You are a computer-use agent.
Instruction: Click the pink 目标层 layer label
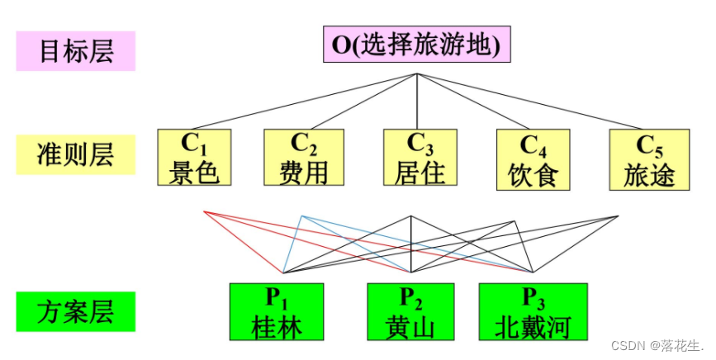[x=75, y=51]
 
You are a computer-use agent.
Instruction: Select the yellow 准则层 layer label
[x=75, y=154]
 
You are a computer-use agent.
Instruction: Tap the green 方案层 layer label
[x=75, y=312]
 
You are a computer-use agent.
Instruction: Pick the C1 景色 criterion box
[x=194, y=157]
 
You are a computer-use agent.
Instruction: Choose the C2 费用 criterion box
[x=303, y=157]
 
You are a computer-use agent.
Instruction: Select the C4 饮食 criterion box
[x=533, y=158]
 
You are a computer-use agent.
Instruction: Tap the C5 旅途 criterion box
[x=650, y=158]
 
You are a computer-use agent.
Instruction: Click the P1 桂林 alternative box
[x=277, y=311]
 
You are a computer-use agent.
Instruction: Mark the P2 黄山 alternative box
[x=410, y=311]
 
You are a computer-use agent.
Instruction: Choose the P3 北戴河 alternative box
[x=533, y=311]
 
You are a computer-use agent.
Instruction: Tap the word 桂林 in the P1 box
[x=277, y=326]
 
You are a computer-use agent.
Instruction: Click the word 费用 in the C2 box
[x=303, y=172]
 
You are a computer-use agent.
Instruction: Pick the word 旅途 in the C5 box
[x=650, y=173]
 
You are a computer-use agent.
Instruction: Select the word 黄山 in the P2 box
[x=410, y=326]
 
